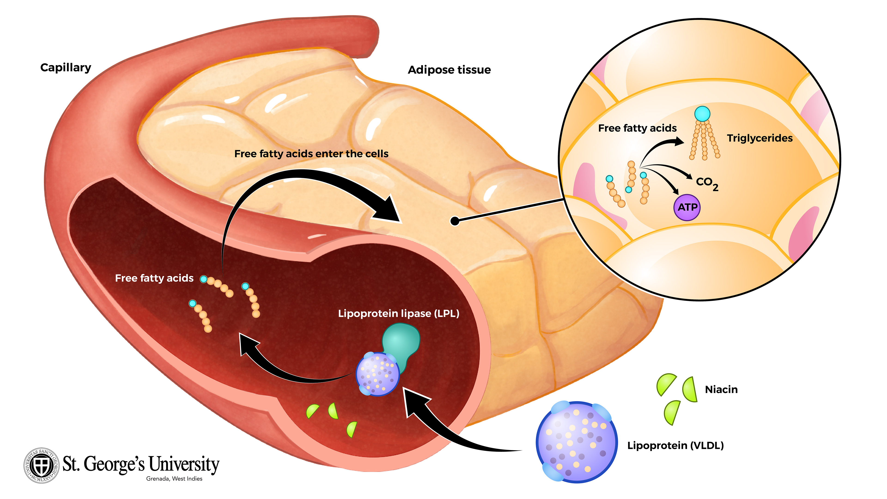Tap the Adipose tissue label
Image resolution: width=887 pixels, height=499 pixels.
pyautogui.click(x=449, y=70)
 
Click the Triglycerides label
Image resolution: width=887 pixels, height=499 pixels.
pyautogui.click(x=759, y=138)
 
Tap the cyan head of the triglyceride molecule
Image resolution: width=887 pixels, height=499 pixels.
pyautogui.click(x=702, y=113)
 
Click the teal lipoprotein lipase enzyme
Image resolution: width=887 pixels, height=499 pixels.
pyautogui.click(x=401, y=341)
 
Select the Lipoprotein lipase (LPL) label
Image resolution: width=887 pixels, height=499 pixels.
pyautogui.click(x=398, y=314)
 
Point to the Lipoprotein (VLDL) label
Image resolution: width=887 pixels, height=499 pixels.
pyautogui.click(x=675, y=446)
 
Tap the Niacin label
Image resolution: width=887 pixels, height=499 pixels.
pyautogui.click(x=721, y=389)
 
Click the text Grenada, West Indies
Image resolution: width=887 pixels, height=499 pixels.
pyautogui.click(x=174, y=479)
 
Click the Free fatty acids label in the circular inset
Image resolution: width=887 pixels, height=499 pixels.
pyautogui.click(x=637, y=128)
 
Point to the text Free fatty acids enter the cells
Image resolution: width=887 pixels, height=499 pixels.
pyautogui.click(x=311, y=154)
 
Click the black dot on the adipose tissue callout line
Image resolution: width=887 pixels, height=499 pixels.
pyautogui.click(x=455, y=221)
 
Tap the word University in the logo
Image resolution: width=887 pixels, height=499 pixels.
pyautogui.click(x=184, y=464)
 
